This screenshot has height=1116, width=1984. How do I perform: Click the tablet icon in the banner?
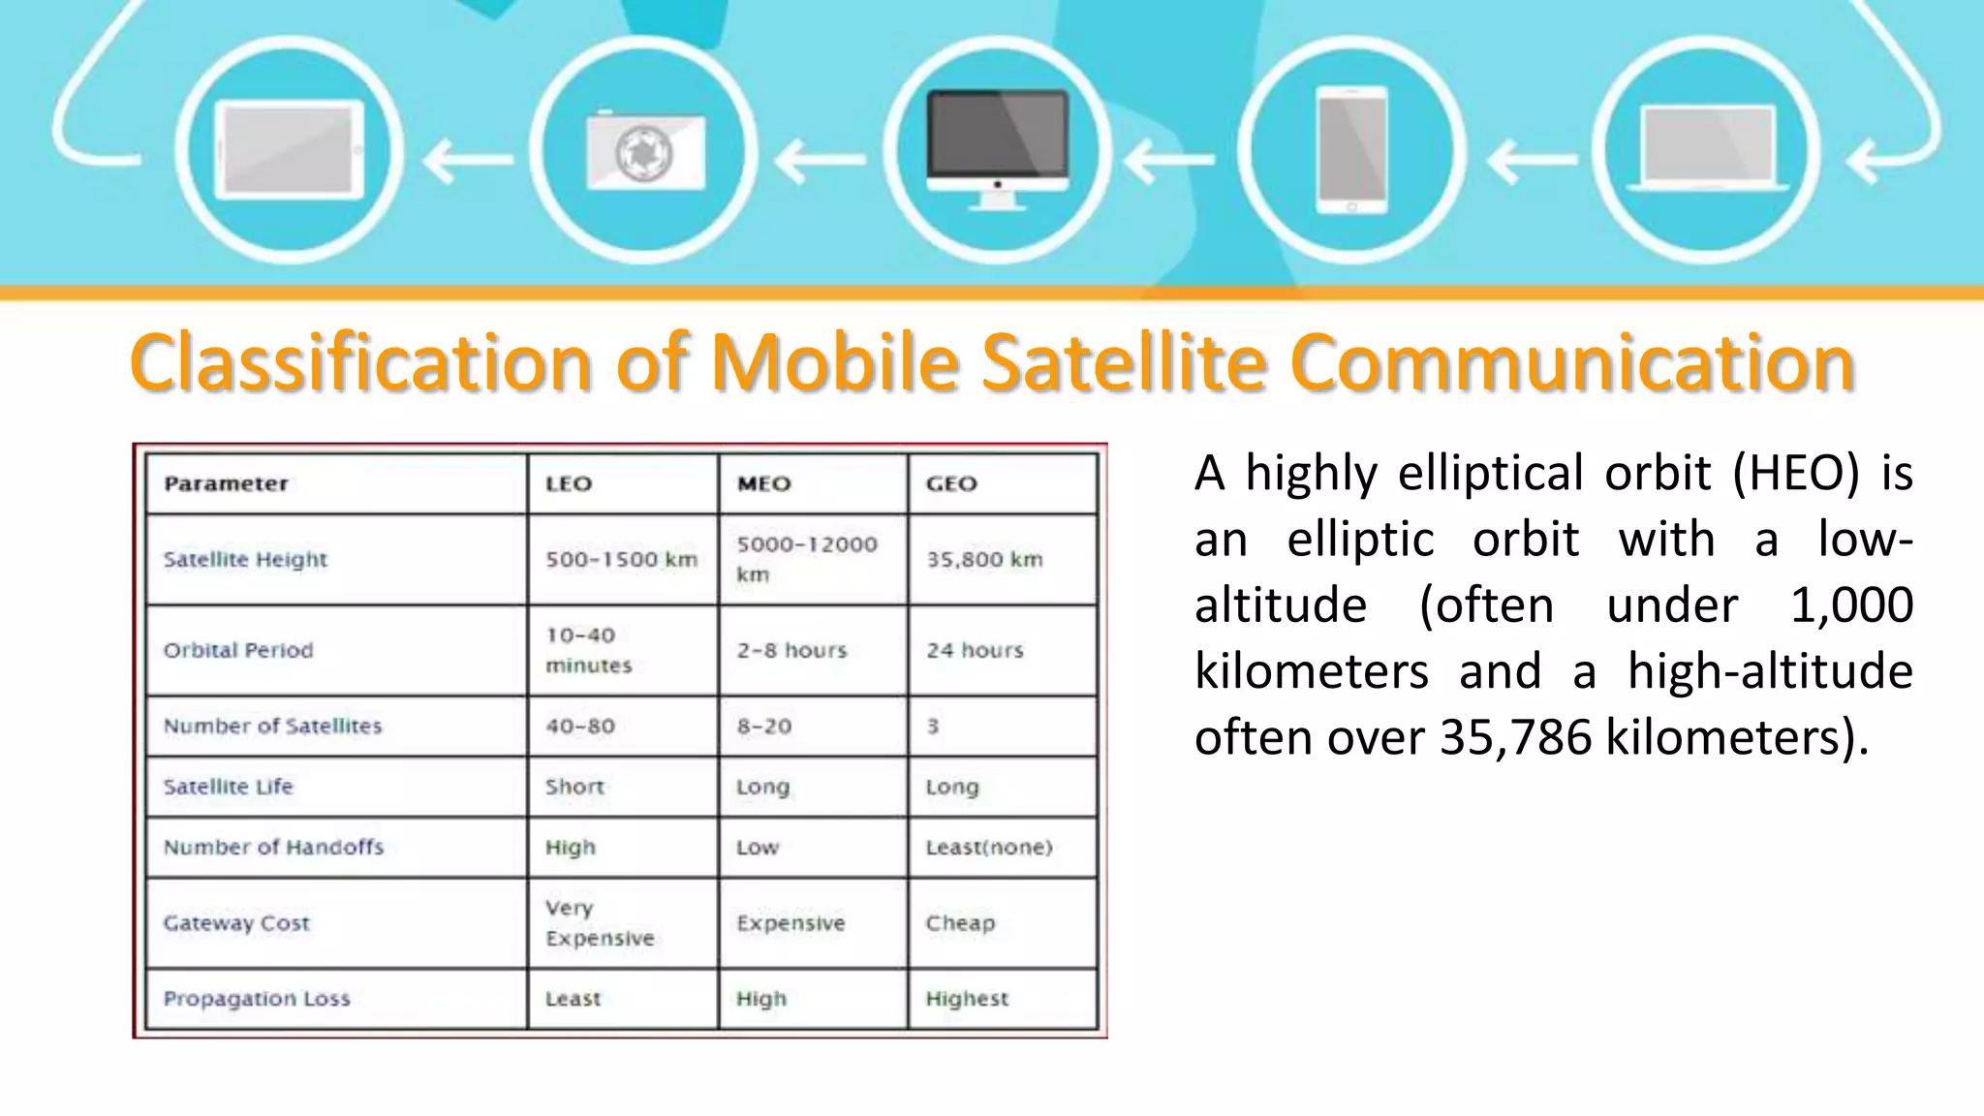pyautogui.click(x=289, y=150)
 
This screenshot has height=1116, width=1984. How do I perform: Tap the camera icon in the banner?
pyautogui.click(x=645, y=151)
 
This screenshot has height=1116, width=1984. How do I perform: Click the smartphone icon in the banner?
pyautogui.click(x=1352, y=150)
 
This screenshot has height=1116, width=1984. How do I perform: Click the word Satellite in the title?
pyautogui.click(x=1123, y=362)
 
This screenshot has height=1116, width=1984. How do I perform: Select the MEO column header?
pyautogui.click(x=764, y=483)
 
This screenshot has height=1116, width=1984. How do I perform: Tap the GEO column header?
pyautogui.click(x=951, y=483)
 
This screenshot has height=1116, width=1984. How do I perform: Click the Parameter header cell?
pyautogui.click(x=226, y=483)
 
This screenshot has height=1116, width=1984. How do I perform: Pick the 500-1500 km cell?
pyautogui.click(x=621, y=559)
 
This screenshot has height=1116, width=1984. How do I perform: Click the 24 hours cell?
pyautogui.click(x=975, y=650)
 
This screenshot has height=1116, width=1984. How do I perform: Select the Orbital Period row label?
pyautogui.click(x=238, y=650)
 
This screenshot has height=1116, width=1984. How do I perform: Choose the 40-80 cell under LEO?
pyautogui.click(x=579, y=726)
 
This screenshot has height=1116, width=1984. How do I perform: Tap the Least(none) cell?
pyautogui.click(x=988, y=847)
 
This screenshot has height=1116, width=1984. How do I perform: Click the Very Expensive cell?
pyautogui.click(x=599, y=922)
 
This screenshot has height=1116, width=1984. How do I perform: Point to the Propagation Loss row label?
pyautogui.click(x=257, y=998)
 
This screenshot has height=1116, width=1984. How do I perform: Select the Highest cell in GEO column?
pyautogui.click(x=967, y=998)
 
